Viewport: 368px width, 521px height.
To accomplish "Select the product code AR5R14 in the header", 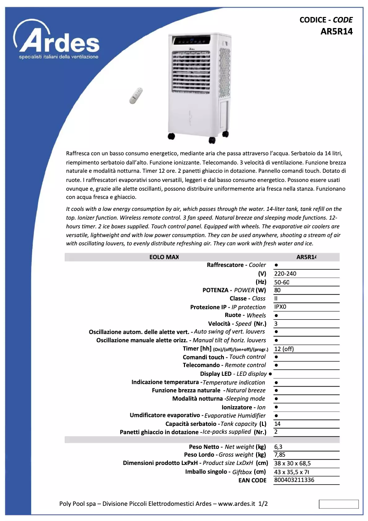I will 336,32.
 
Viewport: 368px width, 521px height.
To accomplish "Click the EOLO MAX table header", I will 164,257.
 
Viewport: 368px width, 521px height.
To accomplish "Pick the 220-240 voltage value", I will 285,273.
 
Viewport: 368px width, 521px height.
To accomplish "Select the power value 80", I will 277,290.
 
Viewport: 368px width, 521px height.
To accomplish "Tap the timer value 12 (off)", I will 284,349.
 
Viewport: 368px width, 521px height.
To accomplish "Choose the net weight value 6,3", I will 278,447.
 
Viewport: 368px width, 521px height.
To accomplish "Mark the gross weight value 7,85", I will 279,455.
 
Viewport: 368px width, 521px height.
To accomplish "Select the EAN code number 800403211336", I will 294,480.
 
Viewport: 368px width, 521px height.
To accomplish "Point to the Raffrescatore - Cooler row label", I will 236,265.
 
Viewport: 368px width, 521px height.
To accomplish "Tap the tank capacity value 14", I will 277,424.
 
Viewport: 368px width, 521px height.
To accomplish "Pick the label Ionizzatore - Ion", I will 244,407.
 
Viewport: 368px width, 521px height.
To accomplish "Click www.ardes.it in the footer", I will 236,504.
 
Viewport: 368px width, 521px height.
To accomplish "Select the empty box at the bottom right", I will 339,504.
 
